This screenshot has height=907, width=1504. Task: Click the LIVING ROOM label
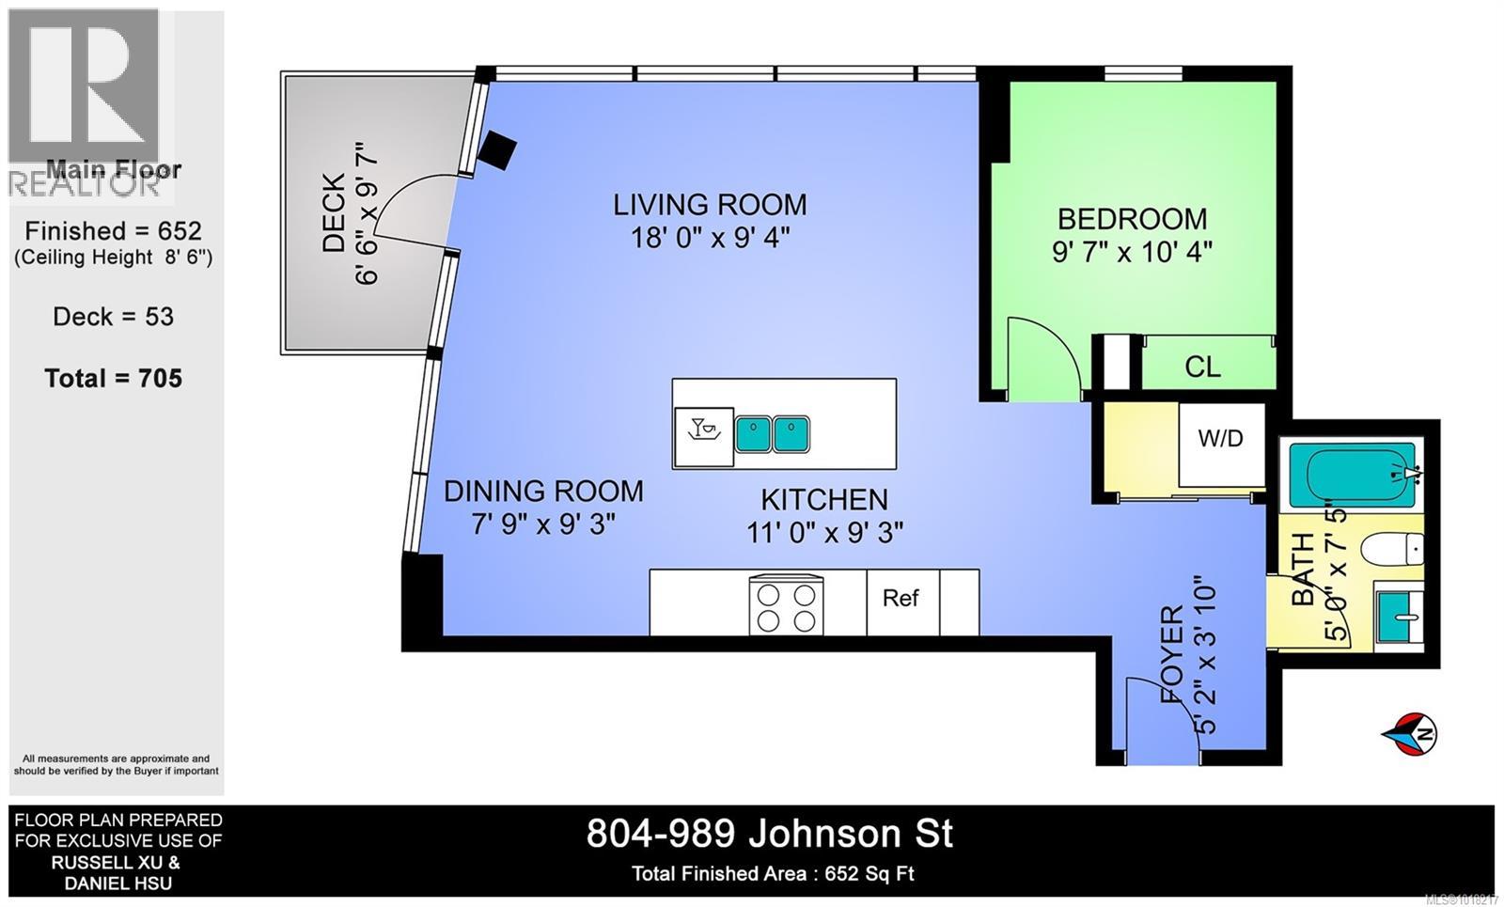coord(710,204)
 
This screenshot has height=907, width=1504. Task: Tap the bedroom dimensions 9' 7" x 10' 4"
coord(1132,252)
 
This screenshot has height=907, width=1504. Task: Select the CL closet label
coord(1202,367)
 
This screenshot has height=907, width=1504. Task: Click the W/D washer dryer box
coord(1220,438)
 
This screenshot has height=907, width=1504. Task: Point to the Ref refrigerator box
coord(901,599)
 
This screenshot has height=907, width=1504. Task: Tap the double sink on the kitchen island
coord(772,434)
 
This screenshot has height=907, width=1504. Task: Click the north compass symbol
coord(1409,733)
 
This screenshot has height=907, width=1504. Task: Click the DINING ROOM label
coord(543,491)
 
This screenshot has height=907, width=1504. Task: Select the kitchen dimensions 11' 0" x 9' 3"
coord(824,533)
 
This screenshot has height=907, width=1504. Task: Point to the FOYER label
coord(1172,656)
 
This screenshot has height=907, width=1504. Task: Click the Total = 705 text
coord(114,379)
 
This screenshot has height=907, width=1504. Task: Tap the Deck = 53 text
coord(114,317)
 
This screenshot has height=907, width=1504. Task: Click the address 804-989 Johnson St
coord(770,834)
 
